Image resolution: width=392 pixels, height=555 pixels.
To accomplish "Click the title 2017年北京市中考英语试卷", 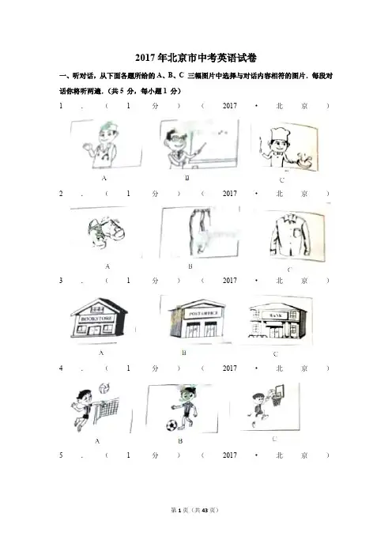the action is coord(196,58).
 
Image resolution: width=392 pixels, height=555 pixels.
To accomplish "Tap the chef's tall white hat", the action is coord(280,134).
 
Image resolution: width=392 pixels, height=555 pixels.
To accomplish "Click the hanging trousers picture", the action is coord(200,231).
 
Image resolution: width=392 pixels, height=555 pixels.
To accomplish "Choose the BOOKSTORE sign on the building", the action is coord(97,319).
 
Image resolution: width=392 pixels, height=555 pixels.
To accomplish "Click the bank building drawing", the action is coord(277,321).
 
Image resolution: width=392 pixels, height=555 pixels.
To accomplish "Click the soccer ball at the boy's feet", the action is coord(171,425).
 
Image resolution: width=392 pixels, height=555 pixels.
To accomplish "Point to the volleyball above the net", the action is coord(104,387).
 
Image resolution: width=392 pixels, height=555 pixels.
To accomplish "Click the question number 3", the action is coord(61,281).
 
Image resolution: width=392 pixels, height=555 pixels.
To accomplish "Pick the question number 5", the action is coord(61,455).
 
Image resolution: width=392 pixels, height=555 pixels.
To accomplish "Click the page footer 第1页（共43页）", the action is coord(195,510).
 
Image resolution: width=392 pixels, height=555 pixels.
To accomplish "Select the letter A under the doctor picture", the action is coord(104,179).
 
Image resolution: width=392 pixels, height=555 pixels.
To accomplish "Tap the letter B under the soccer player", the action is coord(180,441).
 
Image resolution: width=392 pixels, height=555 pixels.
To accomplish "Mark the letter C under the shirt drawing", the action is coord(289,270).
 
